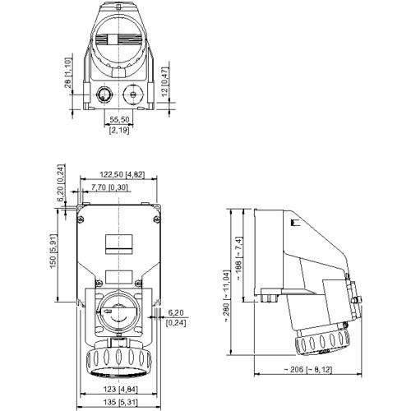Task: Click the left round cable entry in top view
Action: [104, 95]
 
